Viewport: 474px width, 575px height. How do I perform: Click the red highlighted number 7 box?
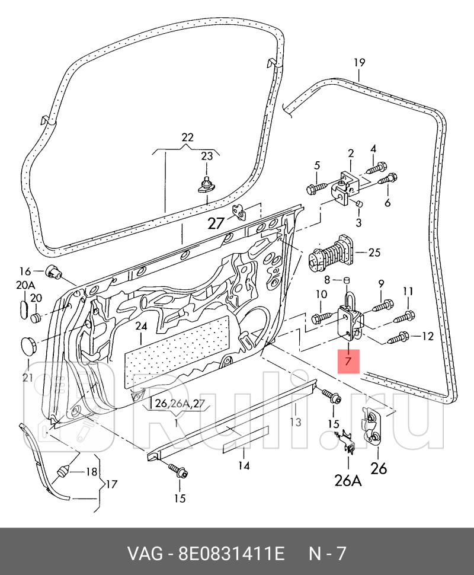348,360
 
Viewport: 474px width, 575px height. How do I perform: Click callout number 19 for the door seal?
359,62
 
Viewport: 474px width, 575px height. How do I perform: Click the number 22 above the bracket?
187,138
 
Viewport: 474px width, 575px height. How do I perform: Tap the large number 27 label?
216,223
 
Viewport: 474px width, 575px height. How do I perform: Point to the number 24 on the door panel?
140,327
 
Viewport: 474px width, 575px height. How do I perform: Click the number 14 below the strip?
244,466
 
